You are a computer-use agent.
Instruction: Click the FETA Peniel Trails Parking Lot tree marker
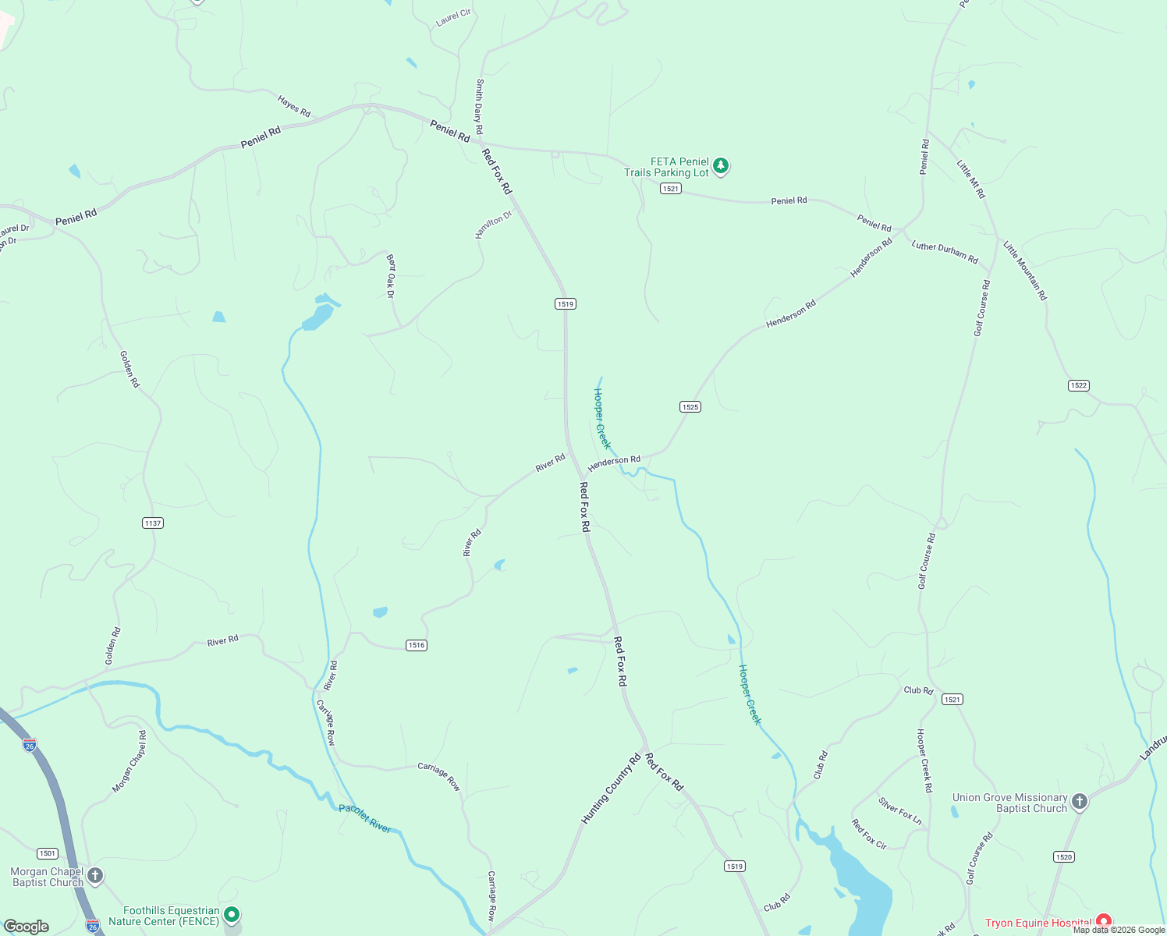(721, 165)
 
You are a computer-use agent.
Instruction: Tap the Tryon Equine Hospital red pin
(1103, 922)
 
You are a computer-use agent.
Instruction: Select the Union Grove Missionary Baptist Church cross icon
(1079, 802)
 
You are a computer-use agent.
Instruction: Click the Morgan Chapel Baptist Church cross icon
(94, 876)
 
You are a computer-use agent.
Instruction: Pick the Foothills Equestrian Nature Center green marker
(231, 914)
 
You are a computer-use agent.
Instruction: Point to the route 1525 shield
(690, 406)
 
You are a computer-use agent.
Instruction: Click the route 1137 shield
(153, 523)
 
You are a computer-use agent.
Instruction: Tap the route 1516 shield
(417, 645)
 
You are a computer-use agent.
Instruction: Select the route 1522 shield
(1079, 385)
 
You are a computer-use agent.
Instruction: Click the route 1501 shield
(48, 853)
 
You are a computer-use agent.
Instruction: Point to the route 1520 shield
(1064, 856)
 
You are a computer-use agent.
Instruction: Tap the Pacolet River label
(364, 818)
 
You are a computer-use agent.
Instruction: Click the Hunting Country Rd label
(610, 788)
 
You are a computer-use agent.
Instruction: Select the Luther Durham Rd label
(945, 252)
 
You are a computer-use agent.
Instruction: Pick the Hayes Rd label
(294, 106)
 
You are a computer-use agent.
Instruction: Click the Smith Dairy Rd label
(480, 107)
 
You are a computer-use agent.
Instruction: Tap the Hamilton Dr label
(494, 224)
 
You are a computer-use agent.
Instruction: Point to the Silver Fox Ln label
(900, 810)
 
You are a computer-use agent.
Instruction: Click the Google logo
(27, 927)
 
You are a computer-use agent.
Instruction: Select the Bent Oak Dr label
(391, 275)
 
